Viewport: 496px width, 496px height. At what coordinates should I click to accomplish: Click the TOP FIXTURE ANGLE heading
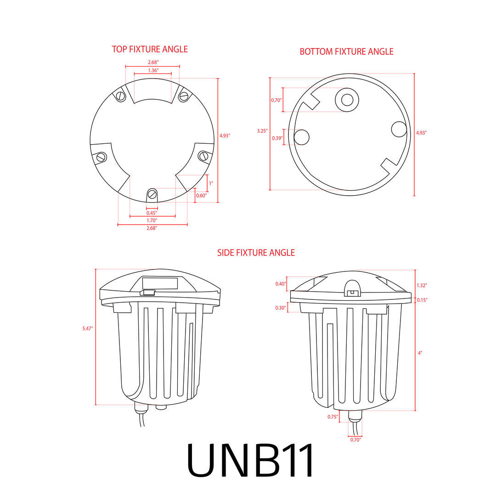pyautogui.click(x=150, y=49)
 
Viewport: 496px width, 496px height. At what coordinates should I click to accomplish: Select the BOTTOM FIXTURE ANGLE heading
pyautogui.click(x=346, y=51)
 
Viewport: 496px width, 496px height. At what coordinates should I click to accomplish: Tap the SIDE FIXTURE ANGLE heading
pyautogui.click(x=256, y=253)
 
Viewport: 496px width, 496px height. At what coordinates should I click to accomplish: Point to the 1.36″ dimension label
pyautogui.click(x=153, y=70)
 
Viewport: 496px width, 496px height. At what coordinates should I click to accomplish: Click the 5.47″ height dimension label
pyautogui.click(x=87, y=329)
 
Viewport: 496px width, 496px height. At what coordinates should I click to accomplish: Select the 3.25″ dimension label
pyautogui.click(x=262, y=130)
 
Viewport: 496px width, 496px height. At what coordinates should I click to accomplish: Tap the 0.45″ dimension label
pyautogui.click(x=152, y=213)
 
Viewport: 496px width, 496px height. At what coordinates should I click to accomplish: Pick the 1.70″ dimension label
pyautogui.click(x=152, y=220)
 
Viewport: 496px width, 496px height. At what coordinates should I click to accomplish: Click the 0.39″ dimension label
pyautogui.click(x=277, y=138)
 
